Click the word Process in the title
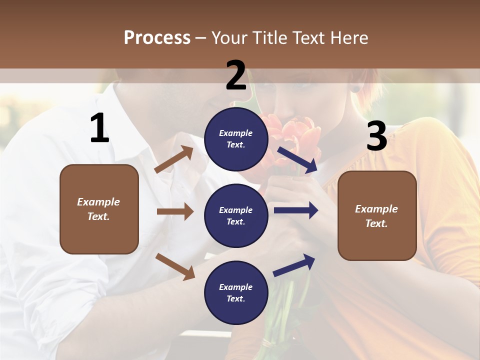pyautogui.click(x=157, y=38)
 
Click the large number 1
pyautogui.click(x=99, y=128)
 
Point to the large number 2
pyautogui.click(x=236, y=75)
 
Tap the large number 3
pyautogui.click(x=376, y=136)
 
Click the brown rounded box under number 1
pyautogui.click(x=99, y=209)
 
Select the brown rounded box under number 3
pyautogui.click(x=377, y=216)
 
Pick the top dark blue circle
pyautogui.click(x=236, y=139)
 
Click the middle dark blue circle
pyautogui.click(x=236, y=215)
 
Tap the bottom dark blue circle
pyautogui.click(x=236, y=292)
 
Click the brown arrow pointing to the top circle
pyautogui.click(x=174, y=159)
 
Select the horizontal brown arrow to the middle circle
pyautogui.click(x=175, y=211)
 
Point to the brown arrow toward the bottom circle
pyautogui.click(x=175, y=266)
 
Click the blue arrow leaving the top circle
pyautogui.click(x=298, y=159)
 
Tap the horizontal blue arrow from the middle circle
pyautogui.click(x=296, y=210)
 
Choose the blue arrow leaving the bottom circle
pyautogui.click(x=294, y=265)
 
